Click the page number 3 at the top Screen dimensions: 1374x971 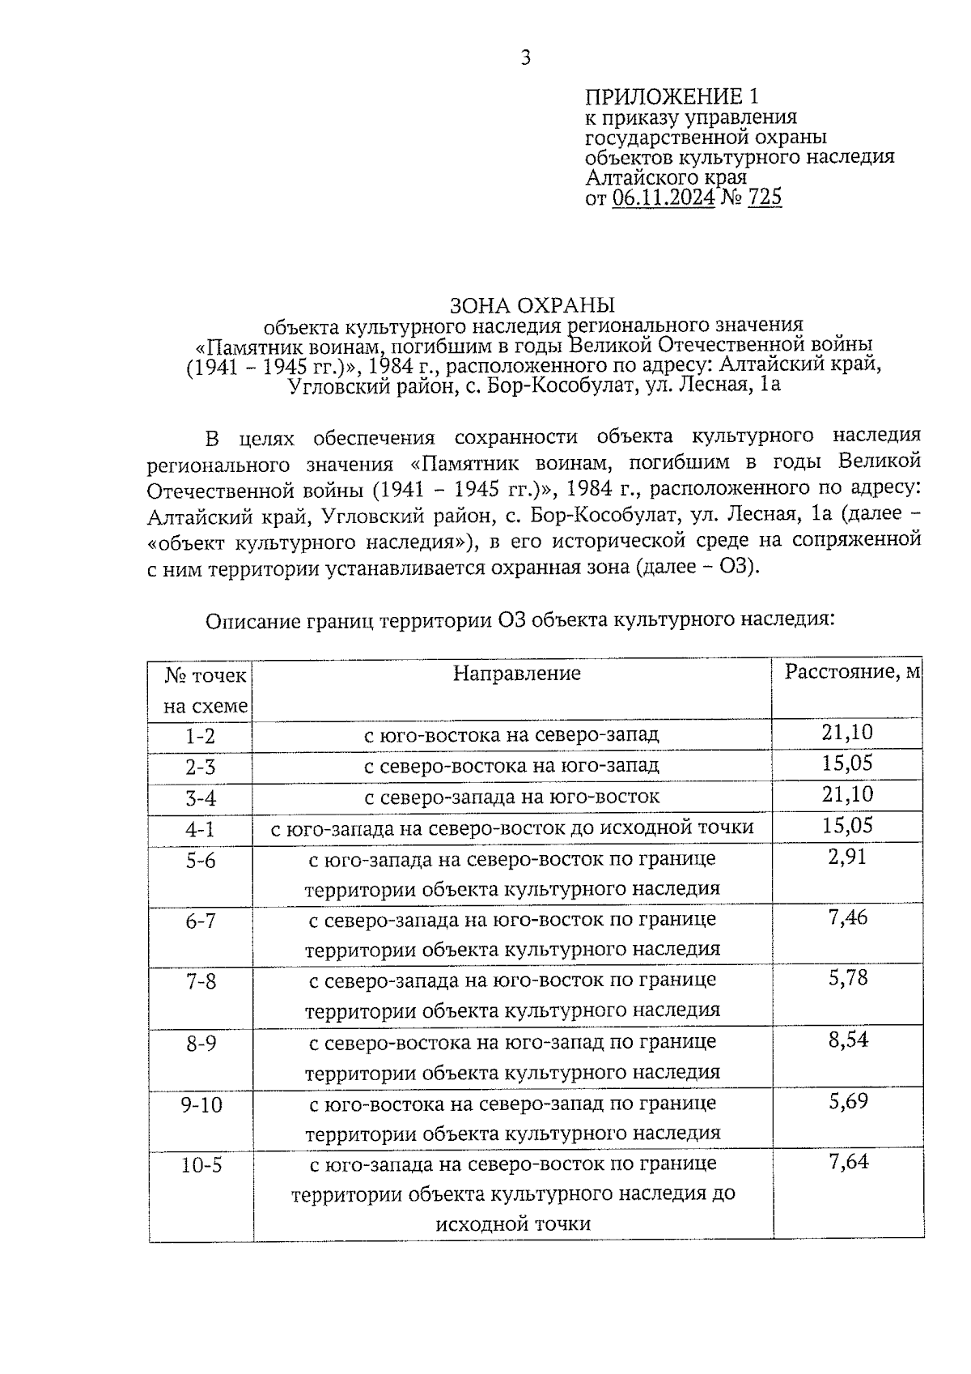[525, 57]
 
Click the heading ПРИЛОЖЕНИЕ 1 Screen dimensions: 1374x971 [672, 98]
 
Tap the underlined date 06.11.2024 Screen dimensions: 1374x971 [663, 198]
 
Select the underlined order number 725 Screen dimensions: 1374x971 [765, 198]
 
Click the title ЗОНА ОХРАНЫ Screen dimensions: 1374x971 [532, 305]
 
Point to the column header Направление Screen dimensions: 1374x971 [516, 674]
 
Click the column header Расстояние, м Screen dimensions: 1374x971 [853, 672]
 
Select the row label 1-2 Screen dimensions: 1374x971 [200, 736]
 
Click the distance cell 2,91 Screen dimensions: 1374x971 [847, 857]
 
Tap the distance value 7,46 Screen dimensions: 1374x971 [847, 918]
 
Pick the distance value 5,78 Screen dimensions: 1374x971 [847, 978]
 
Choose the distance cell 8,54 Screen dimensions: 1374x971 [847, 1040]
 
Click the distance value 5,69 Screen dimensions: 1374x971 [847, 1101]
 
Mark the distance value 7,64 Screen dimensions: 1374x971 [847, 1162]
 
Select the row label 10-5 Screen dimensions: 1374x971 [201, 1166]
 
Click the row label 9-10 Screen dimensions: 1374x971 [201, 1105]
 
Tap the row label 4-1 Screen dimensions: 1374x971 [200, 829]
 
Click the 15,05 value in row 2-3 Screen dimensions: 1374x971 [847, 764]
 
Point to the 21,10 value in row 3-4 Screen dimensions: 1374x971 [847, 794]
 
